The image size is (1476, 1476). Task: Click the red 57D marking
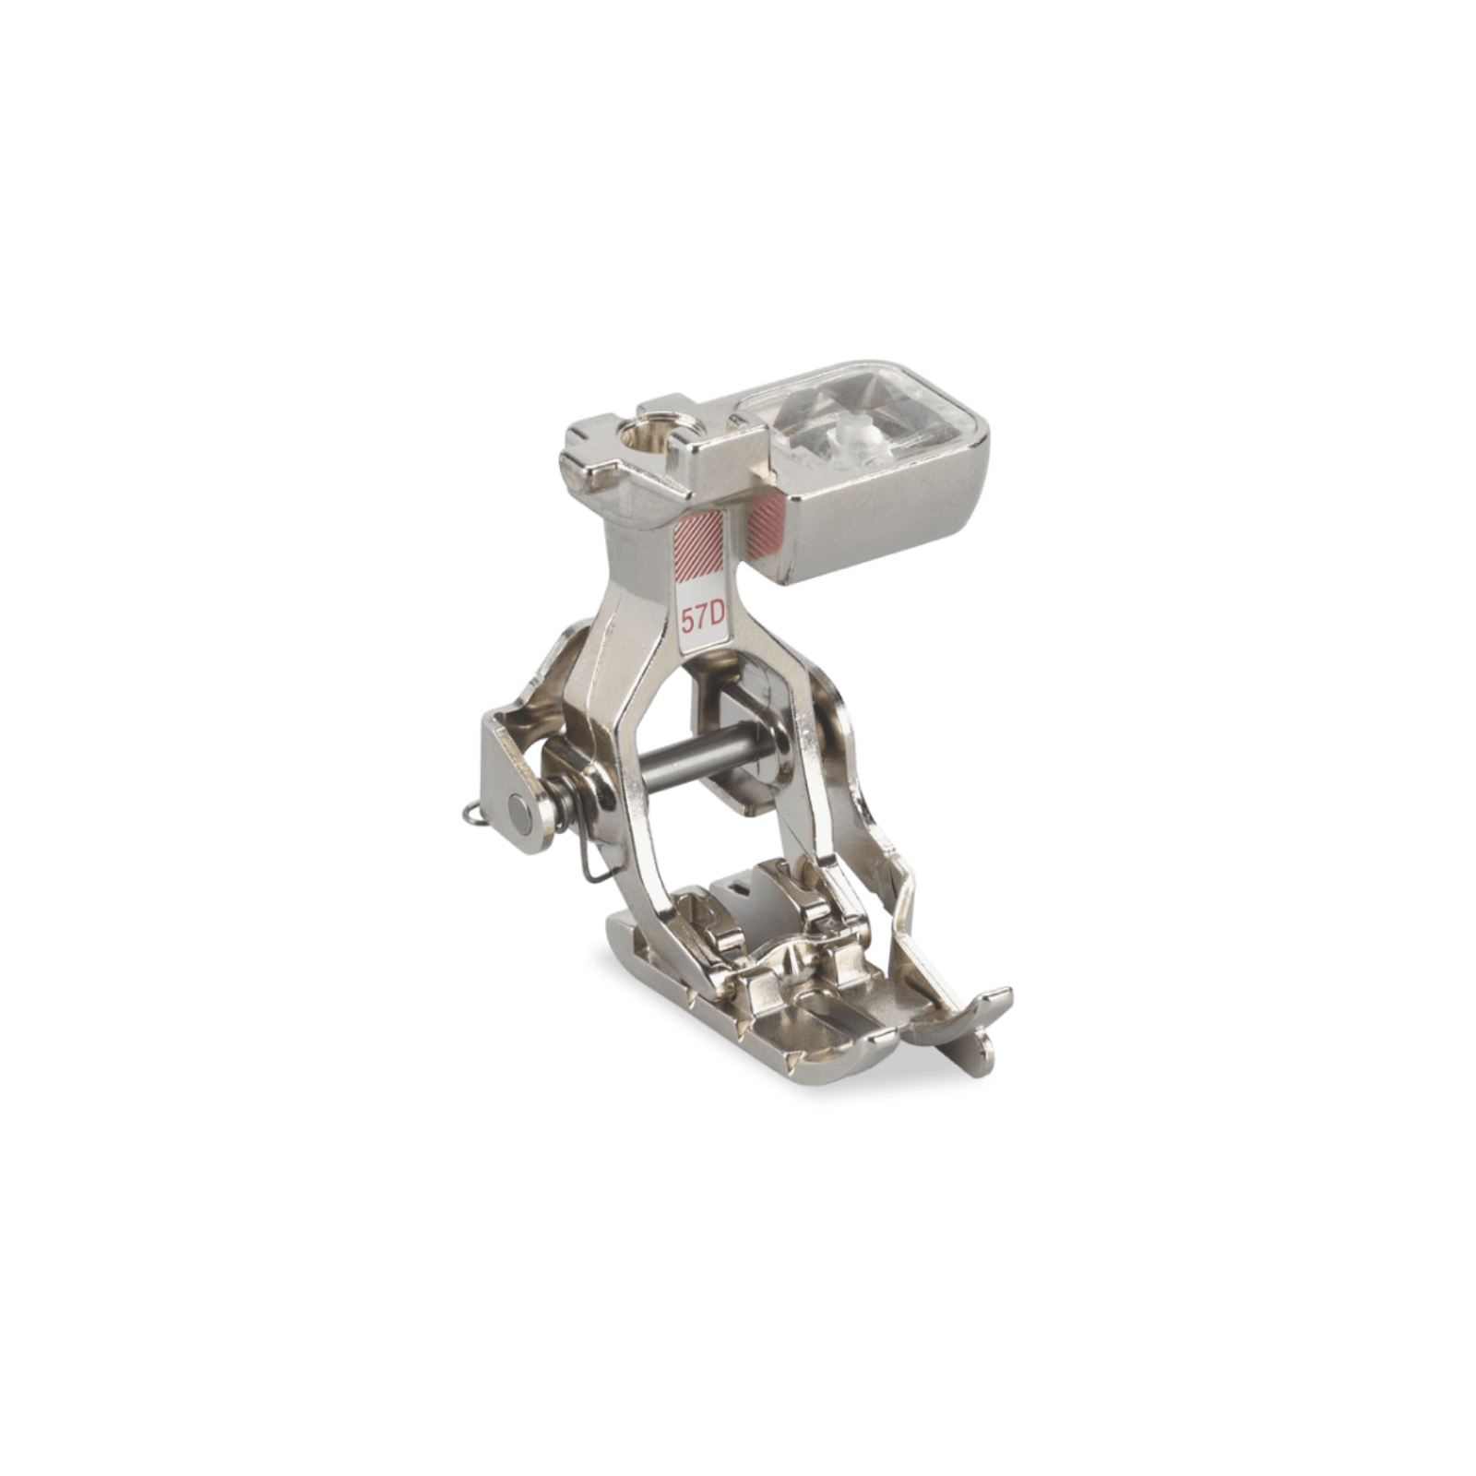701,617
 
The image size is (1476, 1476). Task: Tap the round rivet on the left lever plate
519,811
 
